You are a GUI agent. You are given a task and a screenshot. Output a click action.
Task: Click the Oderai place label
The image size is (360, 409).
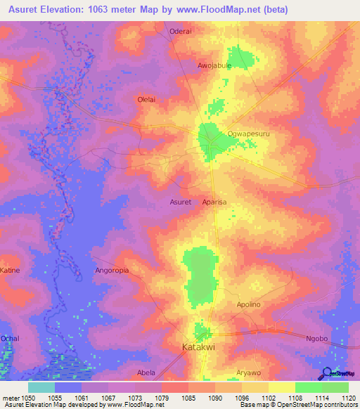181,31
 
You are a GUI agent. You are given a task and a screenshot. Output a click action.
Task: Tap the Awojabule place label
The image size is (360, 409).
214,65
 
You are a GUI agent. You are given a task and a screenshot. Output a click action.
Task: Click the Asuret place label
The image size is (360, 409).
181,202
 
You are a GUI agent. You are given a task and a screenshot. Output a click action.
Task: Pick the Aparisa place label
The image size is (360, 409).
214,202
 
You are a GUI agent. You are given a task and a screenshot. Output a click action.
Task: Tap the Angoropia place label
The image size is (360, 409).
113,270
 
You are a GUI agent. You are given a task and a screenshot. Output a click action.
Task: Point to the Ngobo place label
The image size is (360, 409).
317,338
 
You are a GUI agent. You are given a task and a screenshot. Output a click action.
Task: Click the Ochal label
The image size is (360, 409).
10,338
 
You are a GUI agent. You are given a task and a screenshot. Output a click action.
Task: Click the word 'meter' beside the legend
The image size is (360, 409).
11,398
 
